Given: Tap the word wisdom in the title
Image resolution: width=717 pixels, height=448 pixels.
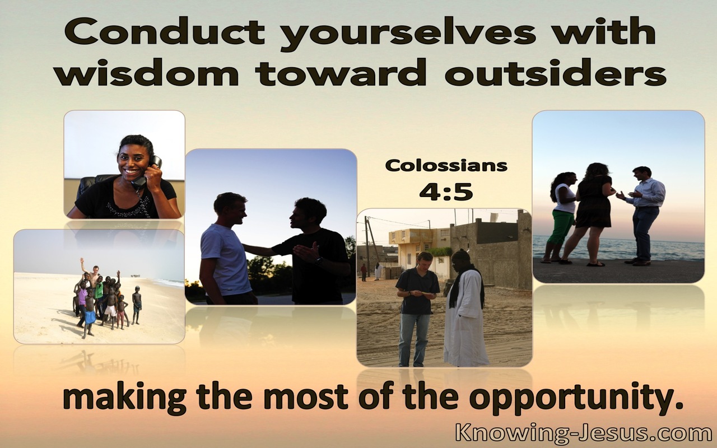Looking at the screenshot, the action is pyautogui.click(x=147, y=73).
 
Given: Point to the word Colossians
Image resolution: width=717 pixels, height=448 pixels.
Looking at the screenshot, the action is pyautogui.click(x=446, y=166).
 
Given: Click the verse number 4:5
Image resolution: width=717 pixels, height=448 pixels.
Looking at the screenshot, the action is pyautogui.click(x=446, y=192).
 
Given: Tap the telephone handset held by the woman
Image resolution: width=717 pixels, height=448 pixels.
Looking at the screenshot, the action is pyautogui.click(x=148, y=173).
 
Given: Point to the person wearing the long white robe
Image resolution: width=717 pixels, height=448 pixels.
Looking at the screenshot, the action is pyautogui.click(x=465, y=307).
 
